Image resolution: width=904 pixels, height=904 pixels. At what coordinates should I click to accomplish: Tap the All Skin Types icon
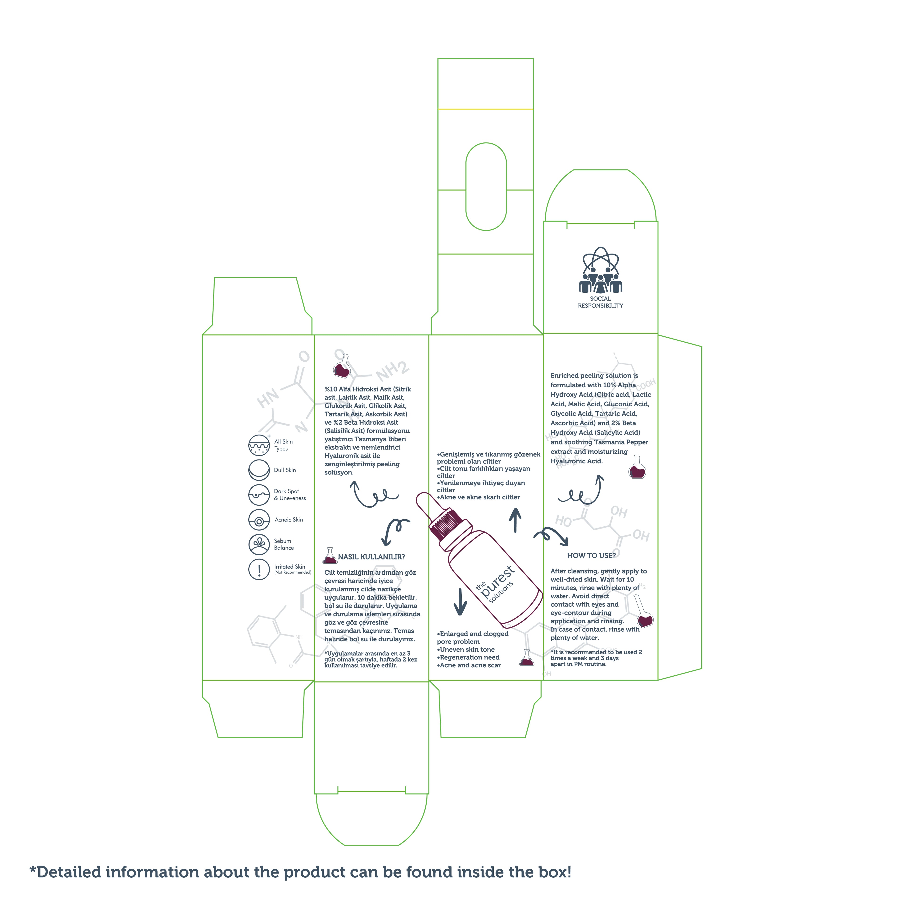[x=259, y=445]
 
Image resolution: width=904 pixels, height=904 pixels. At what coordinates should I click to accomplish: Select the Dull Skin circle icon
[x=259, y=470]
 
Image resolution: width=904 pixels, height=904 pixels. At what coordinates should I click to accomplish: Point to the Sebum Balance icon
[x=259, y=544]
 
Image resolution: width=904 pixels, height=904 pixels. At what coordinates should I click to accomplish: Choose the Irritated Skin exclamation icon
[x=259, y=569]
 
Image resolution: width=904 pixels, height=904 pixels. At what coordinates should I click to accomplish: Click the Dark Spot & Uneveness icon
[x=259, y=495]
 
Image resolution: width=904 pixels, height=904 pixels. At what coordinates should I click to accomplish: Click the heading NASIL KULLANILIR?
[x=371, y=557]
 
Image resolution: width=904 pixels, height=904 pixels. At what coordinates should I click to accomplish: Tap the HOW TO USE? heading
[x=591, y=555]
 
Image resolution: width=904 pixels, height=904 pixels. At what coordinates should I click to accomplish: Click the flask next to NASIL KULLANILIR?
[x=330, y=556]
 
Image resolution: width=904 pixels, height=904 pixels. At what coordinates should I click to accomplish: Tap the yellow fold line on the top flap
[x=485, y=109]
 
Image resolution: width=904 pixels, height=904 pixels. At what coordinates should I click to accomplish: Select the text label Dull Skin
[x=285, y=470]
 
